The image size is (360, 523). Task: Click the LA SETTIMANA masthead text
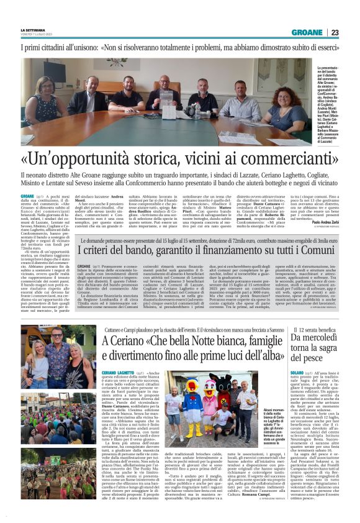coord(32,29)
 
